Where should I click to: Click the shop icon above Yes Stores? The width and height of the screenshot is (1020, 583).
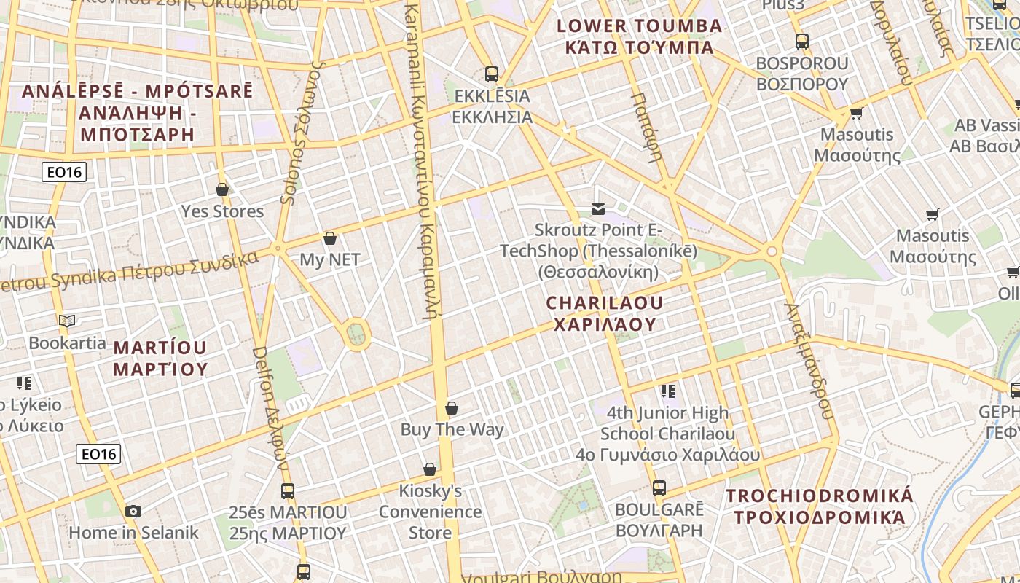tap(222, 189)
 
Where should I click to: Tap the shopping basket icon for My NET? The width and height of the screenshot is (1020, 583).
tap(330, 238)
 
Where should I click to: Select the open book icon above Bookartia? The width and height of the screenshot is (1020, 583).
tap(67, 321)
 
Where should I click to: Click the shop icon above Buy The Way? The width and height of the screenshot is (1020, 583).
tap(452, 408)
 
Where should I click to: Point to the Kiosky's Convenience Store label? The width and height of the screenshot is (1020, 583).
tap(430, 512)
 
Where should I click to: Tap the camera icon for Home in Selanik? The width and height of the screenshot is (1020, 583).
tap(133, 511)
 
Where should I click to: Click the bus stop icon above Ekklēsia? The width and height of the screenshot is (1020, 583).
tap(492, 74)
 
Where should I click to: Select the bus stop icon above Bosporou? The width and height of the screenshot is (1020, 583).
tap(802, 42)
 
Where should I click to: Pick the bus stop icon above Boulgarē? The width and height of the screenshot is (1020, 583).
tap(659, 488)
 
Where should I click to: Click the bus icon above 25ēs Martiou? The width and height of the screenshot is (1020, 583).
tap(288, 491)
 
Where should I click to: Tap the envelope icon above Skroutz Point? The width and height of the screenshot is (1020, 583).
tap(598, 209)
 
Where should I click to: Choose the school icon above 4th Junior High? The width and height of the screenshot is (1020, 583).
tap(668, 391)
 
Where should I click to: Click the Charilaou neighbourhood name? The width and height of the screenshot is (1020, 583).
tap(605, 313)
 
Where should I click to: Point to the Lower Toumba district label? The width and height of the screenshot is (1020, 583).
tap(639, 36)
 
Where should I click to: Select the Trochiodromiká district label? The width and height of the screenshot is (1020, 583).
tap(819, 506)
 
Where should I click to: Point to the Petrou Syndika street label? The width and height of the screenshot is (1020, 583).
tap(131, 272)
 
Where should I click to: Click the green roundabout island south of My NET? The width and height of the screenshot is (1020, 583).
tap(356, 334)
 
